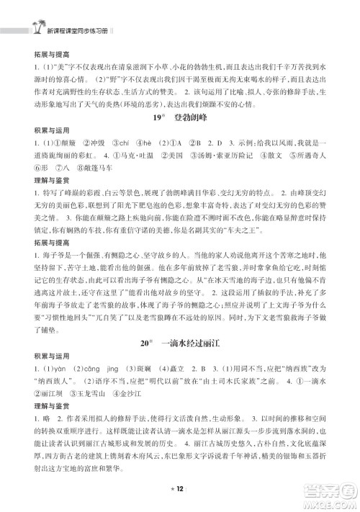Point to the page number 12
(x=180, y=488)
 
